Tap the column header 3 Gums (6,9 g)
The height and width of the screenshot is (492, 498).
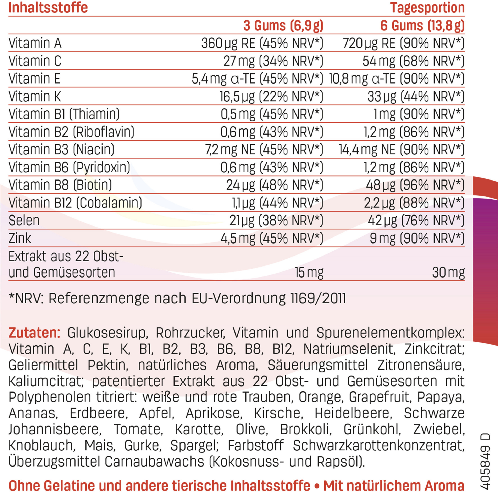coord(283,25)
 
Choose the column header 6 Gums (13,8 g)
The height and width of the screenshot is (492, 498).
coord(422,25)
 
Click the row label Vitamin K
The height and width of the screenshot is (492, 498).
coord(35,96)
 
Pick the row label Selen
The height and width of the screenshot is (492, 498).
coord(24,220)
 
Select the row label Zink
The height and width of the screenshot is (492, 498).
coord(20,238)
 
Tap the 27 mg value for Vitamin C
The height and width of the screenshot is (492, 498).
coord(239,61)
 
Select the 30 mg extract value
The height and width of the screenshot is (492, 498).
coord(448,272)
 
